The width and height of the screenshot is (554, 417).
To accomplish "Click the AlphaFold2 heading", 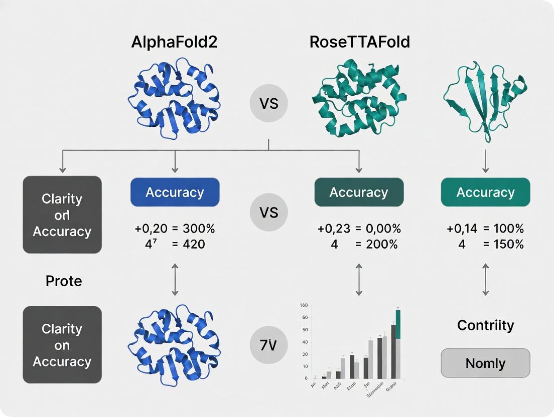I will (174, 42).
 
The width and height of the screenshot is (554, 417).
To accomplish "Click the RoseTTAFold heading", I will (360, 42).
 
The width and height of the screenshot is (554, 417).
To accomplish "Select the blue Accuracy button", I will (175, 192).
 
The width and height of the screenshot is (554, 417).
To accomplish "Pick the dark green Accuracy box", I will (359, 192).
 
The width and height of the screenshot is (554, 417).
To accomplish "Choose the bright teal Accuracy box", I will (485, 192).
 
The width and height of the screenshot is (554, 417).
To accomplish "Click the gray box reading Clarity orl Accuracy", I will (62, 215).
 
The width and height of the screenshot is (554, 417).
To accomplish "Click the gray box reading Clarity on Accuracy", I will (62, 345).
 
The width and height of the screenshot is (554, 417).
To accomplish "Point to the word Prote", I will (64, 281).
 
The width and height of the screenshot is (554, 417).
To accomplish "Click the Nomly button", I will (485, 363).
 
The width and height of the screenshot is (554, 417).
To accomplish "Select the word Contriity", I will (485, 325).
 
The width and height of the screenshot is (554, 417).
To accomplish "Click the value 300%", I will (199, 229).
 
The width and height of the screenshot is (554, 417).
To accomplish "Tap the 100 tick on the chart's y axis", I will (303, 305).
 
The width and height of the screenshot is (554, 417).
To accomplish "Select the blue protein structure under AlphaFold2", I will (175, 98).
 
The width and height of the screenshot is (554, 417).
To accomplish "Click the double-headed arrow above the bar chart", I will (359, 281).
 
